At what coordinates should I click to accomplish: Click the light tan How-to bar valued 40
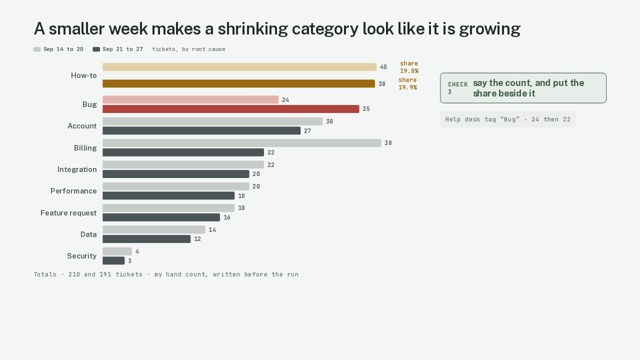pyautogui.click(x=239, y=67)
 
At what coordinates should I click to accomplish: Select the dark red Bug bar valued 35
pyautogui.click(x=231, y=109)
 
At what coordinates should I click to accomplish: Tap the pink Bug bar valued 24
pyautogui.click(x=190, y=99)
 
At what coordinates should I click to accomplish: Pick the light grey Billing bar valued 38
pyautogui.click(x=242, y=143)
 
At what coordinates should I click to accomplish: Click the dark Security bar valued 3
pyautogui.click(x=113, y=260)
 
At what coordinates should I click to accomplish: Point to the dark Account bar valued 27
pyautogui.click(x=201, y=130)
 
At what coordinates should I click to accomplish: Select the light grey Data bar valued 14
pyautogui.click(x=154, y=229)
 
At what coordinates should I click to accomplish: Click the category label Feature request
pyautogui.click(x=68, y=213)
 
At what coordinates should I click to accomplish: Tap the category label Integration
pyautogui.click(x=77, y=169)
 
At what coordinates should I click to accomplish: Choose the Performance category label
pyautogui.click(x=73, y=191)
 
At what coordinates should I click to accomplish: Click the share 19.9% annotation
pyautogui.click(x=407, y=83)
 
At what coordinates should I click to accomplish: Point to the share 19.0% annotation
pyautogui.click(x=409, y=67)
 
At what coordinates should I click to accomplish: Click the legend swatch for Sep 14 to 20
pyautogui.click(x=37, y=49)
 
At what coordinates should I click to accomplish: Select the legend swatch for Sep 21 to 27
pyautogui.click(x=96, y=49)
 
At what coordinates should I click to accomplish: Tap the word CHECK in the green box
pyautogui.click(x=457, y=84)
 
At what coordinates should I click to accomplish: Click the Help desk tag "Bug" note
pyautogui.click(x=508, y=119)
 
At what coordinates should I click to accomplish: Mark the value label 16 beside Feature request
pyautogui.click(x=227, y=217)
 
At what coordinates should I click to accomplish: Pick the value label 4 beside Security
pyautogui.click(x=137, y=251)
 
